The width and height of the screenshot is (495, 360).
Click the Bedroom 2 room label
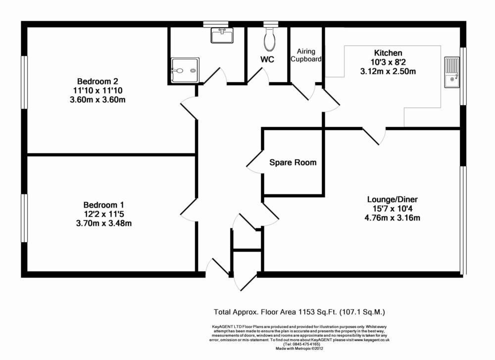click(x=98, y=81)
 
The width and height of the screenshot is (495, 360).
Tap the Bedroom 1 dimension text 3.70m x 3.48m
click(x=100, y=223)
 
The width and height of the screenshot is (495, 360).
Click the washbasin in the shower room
click(x=222, y=36)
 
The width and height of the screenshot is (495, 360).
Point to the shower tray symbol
click(x=184, y=71)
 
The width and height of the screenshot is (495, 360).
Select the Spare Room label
click(x=293, y=162)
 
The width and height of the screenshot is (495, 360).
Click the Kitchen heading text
click(x=388, y=53)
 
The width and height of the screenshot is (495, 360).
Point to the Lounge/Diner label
click(x=392, y=199)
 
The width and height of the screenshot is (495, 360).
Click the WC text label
click(x=268, y=59)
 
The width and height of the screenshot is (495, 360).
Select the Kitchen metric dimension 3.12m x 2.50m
click(x=388, y=71)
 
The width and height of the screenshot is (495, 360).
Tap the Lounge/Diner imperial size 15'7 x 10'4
click(x=392, y=209)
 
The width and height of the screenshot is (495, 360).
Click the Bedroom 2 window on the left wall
click(x=24, y=82)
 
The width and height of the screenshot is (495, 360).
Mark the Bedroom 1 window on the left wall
click(x=24, y=218)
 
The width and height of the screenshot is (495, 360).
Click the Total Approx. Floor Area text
click(x=299, y=312)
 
